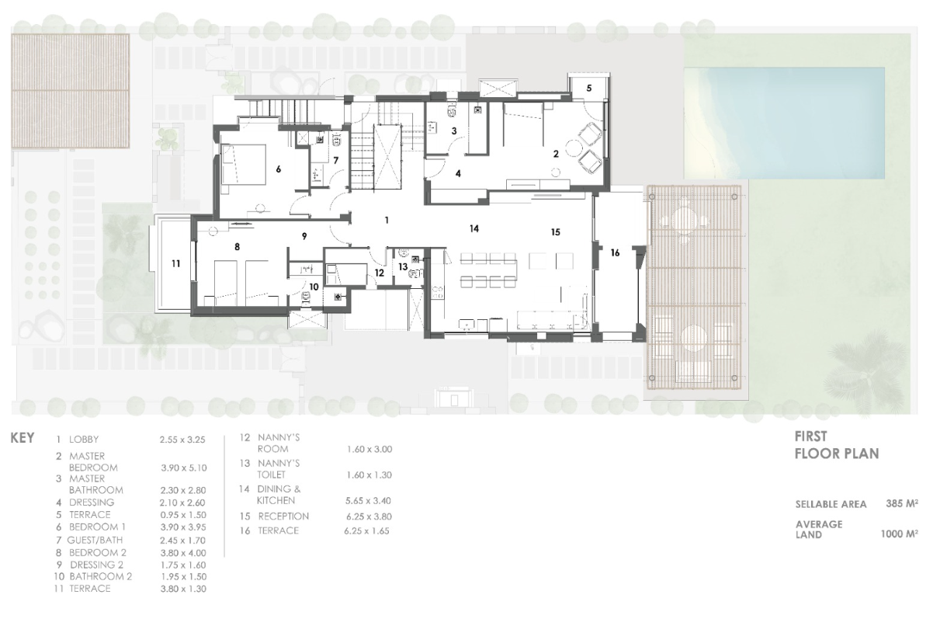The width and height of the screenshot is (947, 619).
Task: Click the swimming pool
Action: pyautogui.click(x=784, y=123)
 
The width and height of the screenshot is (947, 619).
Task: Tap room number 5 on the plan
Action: pyautogui.click(x=589, y=88)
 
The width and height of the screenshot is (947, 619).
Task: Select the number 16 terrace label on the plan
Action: pyautogui.click(x=615, y=252)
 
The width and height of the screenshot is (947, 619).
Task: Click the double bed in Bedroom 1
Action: pyautogui.click(x=244, y=165)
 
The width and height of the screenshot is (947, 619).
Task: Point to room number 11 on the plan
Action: pyautogui.click(x=176, y=263)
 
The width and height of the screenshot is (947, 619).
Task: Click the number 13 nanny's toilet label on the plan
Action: pyautogui.click(x=402, y=266)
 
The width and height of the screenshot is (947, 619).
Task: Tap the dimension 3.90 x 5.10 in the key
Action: pyautogui.click(x=184, y=468)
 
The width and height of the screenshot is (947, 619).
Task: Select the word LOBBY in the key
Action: pyautogui.click(x=84, y=439)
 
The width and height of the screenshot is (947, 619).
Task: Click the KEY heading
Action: pyautogui.click(x=23, y=438)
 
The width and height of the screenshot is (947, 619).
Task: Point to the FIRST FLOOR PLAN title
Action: pyautogui.click(x=837, y=445)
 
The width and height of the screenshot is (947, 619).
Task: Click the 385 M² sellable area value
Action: pyautogui.click(x=902, y=503)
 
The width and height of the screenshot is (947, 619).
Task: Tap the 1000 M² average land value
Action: pyautogui.click(x=899, y=534)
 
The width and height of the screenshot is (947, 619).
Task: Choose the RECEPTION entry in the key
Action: pyautogui.click(x=283, y=516)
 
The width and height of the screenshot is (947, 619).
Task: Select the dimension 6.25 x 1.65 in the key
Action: pyautogui.click(x=366, y=531)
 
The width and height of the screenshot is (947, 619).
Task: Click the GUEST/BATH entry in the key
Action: pyautogui.click(x=95, y=541)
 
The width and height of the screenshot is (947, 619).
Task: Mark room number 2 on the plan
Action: pyautogui.click(x=556, y=154)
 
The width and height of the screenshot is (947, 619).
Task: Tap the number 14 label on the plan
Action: pyautogui.click(x=474, y=228)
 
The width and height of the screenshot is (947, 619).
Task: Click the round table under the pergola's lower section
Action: pyautogui.click(x=693, y=338)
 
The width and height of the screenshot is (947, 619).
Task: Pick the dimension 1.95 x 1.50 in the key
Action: pyautogui.click(x=183, y=577)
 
